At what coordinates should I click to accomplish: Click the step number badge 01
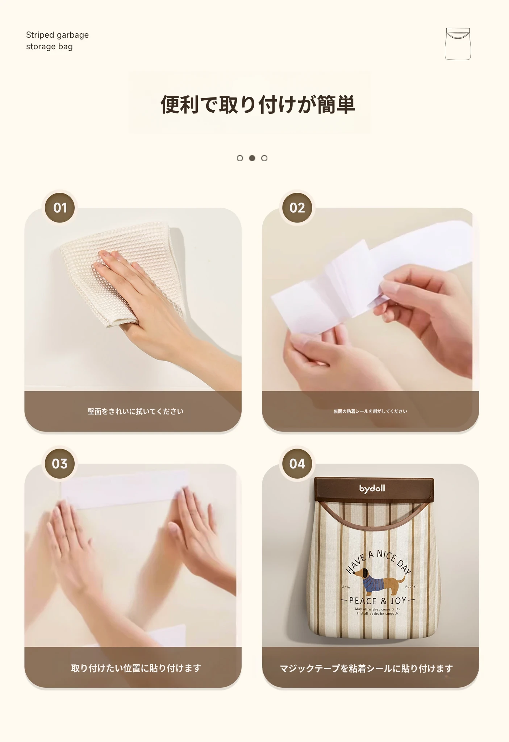point(60,208)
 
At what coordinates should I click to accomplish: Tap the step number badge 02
point(297,208)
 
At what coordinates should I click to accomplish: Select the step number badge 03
point(60,463)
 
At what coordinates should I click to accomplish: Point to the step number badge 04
point(297,463)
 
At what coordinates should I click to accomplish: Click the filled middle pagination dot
point(252,158)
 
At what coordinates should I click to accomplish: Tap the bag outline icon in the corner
point(458,43)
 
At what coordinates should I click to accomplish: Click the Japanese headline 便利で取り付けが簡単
point(258,104)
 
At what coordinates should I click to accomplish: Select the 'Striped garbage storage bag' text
point(57,41)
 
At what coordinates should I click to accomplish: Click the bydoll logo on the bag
point(372,488)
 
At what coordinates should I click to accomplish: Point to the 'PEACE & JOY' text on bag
point(377,601)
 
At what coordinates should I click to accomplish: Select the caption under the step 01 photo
point(135,411)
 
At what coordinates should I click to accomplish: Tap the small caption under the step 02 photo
point(370,411)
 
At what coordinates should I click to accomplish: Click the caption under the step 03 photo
point(136,668)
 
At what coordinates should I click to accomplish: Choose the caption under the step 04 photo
point(366,668)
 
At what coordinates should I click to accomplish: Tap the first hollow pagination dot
point(240,158)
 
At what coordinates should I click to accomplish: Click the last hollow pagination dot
point(264,158)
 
